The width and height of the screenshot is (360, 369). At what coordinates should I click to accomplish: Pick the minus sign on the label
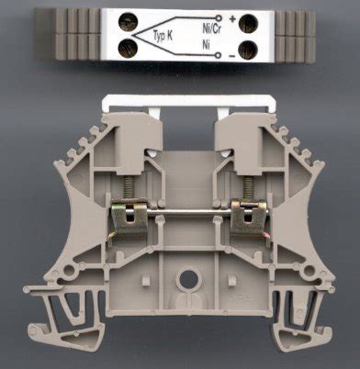tap(231, 54)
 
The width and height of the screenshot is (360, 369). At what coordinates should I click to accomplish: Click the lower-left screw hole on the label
tap(123, 50)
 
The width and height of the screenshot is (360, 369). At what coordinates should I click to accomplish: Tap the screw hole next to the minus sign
tap(249, 50)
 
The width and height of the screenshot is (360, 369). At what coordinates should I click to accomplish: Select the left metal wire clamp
tap(123, 218)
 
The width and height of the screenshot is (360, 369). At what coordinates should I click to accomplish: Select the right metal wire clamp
tap(246, 218)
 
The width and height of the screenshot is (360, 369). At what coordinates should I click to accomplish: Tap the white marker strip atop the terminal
tap(183, 106)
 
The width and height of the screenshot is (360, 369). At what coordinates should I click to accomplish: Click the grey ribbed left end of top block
tap(67, 35)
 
